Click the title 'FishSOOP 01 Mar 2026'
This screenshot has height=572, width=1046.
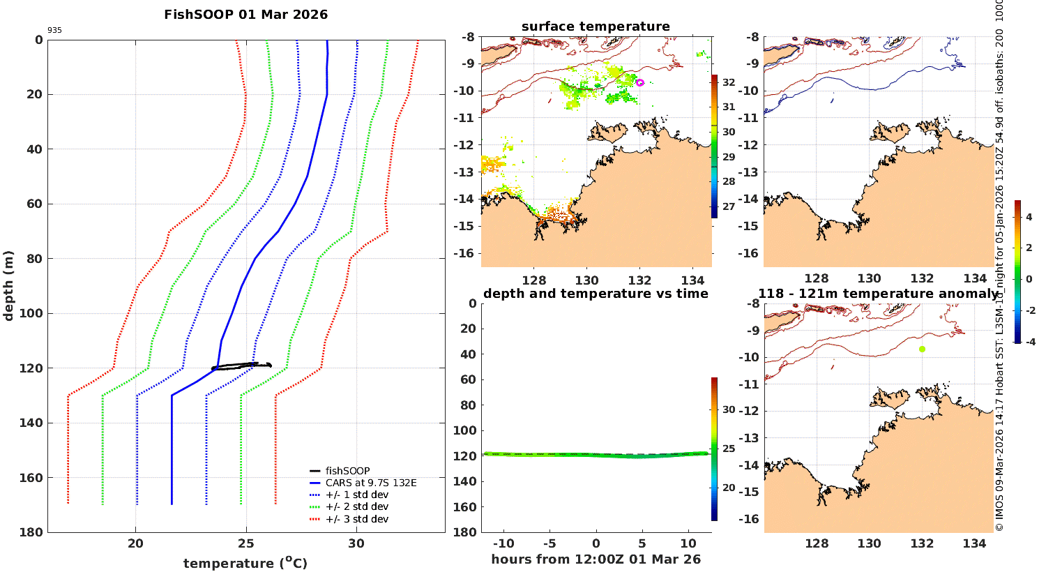(x=245, y=15)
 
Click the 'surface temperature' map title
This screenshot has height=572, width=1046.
(x=596, y=27)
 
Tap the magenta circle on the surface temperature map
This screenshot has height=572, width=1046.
(x=639, y=82)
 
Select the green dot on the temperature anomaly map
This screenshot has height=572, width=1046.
(x=922, y=349)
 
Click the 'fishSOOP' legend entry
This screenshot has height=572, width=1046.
(x=347, y=471)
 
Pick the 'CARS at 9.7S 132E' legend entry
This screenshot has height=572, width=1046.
(x=370, y=483)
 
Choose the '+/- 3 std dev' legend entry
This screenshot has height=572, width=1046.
(x=356, y=519)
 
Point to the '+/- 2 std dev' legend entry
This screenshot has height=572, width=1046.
(x=356, y=507)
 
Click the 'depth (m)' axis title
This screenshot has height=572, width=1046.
(x=9, y=285)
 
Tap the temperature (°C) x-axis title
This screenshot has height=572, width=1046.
(x=245, y=563)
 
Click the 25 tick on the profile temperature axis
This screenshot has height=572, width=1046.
(x=245, y=544)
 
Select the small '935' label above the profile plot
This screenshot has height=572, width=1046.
(x=54, y=31)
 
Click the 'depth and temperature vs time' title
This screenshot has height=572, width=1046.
(x=596, y=294)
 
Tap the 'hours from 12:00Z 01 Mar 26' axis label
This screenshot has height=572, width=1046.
(x=596, y=559)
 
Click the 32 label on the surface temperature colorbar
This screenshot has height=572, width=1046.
(x=729, y=82)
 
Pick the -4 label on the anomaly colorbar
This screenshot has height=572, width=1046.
(x=1028, y=342)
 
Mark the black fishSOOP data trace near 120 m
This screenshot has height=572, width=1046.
(x=241, y=366)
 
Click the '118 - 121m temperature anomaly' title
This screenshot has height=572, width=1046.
(x=877, y=294)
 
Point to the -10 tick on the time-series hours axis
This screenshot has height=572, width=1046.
(x=503, y=544)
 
